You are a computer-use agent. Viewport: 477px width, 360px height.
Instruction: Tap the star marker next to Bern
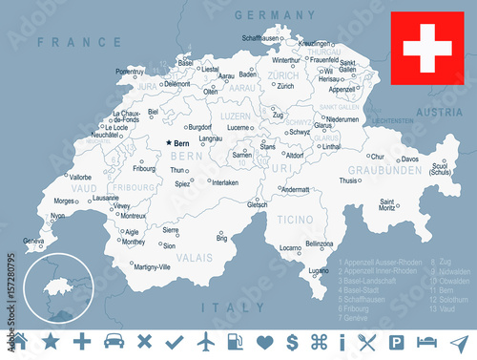click(169, 142)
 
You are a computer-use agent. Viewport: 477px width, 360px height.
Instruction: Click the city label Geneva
click(33, 242)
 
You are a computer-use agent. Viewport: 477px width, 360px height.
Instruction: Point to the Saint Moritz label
click(389, 202)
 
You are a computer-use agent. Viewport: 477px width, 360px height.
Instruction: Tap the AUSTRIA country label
click(441, 112)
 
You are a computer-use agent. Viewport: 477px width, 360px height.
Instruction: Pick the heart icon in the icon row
click(264, 342)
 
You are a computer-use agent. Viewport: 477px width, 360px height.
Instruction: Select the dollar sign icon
click(292, 342)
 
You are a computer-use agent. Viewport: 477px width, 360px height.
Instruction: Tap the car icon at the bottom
click(113, 341)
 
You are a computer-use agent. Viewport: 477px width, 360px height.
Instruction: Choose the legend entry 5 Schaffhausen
click(364, 290)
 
